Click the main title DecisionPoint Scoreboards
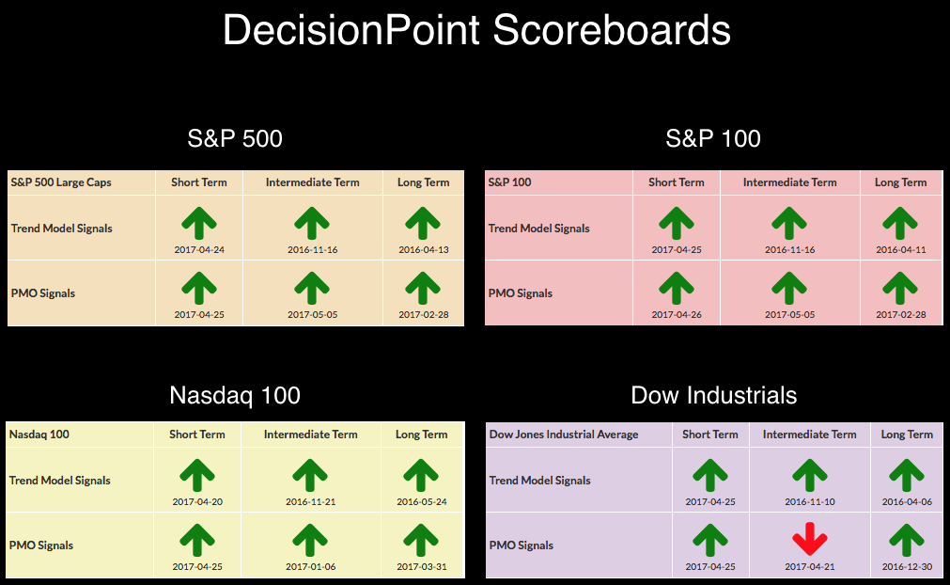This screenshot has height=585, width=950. click(476, 30)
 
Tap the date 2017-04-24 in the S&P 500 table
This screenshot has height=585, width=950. click(199, 250)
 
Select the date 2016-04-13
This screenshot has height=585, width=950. click(424, 250)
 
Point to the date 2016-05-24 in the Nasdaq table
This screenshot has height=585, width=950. click(422, 502)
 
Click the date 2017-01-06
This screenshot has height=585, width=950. click(311, 567)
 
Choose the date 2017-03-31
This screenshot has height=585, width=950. click(422, 567)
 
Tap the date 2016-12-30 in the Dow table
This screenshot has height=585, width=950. click(907, 567)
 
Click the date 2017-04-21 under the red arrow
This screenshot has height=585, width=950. click(810, 567)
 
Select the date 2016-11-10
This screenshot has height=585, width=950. click(810, 502)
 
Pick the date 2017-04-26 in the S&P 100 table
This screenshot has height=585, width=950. click(677, 315)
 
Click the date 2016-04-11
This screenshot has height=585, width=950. click(901, 250)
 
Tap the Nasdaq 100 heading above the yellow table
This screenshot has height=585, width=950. click(235, 395)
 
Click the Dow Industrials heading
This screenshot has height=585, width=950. click(714, 395)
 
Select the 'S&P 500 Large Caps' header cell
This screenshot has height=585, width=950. click(61, 182)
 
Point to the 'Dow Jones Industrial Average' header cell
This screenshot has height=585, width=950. click(564, 435)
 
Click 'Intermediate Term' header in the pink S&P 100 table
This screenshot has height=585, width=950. click(790, 182)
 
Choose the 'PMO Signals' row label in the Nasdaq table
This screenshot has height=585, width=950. click(41, 545)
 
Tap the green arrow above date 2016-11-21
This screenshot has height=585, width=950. click(310, 475)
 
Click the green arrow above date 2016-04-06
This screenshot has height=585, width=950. click(907, 475)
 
